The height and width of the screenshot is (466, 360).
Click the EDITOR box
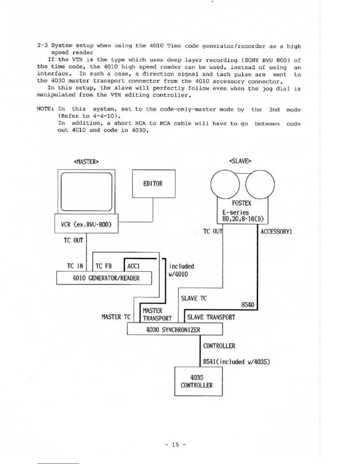point(154,184)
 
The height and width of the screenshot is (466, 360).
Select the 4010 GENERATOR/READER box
point(104,278)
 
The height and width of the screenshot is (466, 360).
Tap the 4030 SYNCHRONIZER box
point(174,329)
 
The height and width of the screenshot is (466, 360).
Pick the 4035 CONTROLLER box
point(198,381)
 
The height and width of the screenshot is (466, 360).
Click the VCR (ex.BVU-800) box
point(86,224)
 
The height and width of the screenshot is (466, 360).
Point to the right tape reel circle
point(260,185)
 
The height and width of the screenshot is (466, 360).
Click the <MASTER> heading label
point(86,162)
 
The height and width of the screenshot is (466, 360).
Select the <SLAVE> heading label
point(240,161)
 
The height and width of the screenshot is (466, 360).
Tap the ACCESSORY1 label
point(276,232)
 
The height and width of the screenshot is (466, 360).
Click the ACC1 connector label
point(134,266)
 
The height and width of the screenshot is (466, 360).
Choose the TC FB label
point(104,266)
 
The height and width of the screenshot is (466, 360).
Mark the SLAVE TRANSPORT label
point(211,317)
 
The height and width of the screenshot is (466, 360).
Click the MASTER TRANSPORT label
point(157,314)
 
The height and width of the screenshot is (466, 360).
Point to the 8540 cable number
point(248,305)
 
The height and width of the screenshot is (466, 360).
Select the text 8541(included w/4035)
point(236,362)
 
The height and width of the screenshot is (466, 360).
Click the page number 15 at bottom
point(175,445)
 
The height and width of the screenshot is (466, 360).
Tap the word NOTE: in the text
point(45,109)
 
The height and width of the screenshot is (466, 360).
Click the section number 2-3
point(42,45)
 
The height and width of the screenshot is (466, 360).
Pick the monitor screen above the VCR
point(86,192)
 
